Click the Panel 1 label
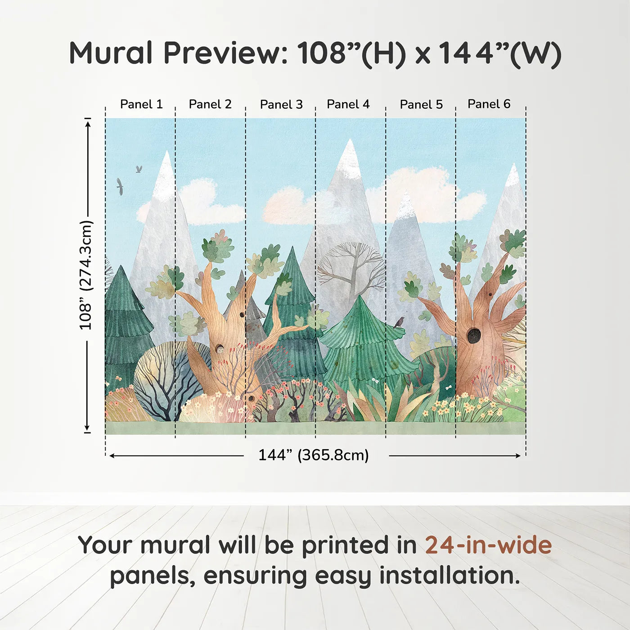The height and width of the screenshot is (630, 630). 141,104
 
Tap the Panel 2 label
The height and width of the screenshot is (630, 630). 210,104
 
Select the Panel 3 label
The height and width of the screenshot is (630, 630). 281,104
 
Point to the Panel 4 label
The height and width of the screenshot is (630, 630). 348,104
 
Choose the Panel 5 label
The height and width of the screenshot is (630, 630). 421,104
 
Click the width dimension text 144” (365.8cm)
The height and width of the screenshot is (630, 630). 314,455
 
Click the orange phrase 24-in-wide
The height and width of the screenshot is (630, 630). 488,546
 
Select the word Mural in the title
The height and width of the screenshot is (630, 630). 111,53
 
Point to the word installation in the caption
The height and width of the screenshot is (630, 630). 450,576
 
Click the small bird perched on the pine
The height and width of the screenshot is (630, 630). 399,322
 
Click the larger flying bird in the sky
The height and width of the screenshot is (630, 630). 120,186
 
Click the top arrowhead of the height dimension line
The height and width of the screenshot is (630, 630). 88,124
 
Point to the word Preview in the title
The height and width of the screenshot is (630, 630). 226,53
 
